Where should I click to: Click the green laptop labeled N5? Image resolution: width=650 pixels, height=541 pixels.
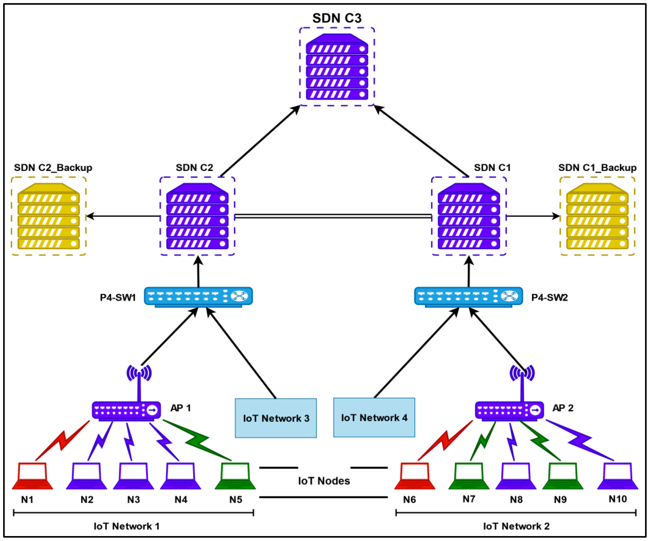tap(235, 476)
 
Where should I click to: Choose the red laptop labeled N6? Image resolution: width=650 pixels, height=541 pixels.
tap(415, 476)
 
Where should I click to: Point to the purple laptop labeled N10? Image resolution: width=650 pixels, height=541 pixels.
tap(617, 476)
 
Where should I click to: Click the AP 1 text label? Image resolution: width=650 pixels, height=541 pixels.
tap(181, 408)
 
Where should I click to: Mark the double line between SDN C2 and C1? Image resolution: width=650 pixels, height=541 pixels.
tap(333, 216)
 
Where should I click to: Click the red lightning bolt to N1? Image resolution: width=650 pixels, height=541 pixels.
tap(62, 440)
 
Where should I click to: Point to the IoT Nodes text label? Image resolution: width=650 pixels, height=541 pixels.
tap(324, 481)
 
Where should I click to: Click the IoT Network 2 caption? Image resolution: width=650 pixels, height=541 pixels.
tap(516, 526)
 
